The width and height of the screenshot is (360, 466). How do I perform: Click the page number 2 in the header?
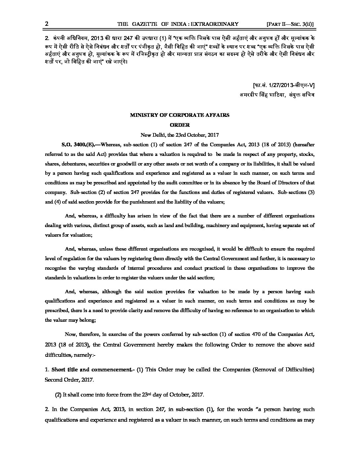[x=47, y=24]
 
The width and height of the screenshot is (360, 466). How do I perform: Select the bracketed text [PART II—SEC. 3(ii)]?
[x=290, y=24]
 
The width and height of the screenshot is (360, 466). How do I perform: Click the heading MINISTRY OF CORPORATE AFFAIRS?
[x=180, y=115]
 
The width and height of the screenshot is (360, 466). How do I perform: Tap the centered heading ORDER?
[x=180, y=125]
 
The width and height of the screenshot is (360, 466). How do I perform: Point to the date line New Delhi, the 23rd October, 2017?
[x=180, y=135]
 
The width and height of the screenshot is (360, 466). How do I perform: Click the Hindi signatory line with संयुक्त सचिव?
[x=277, y=95]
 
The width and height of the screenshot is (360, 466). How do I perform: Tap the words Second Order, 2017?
[x=69, y=380]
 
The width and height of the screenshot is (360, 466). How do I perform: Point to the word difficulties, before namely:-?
[x=58, y=354]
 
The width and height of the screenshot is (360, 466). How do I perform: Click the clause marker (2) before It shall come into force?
[x=58, y=395]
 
